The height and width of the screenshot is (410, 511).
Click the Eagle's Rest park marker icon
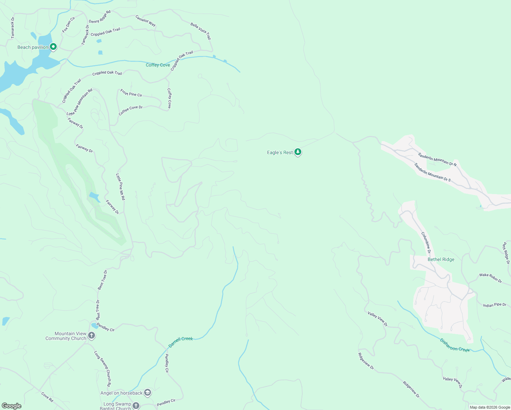coord(298,152)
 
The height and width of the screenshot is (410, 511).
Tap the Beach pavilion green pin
coord(53,46)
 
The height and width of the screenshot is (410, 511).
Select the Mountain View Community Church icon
coord(92,335)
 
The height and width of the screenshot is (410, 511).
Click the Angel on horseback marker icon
coord(148,393)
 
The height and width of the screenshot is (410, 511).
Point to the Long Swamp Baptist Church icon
coord(136,406)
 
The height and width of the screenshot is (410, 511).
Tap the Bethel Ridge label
coord(441,259)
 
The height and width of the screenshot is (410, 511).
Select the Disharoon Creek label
coord(454,345)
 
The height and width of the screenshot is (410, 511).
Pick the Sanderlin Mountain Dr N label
coord(437,159)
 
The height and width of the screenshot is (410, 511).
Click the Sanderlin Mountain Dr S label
coord(432,172)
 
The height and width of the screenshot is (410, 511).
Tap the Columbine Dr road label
coord(426,243)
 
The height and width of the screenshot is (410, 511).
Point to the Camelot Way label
coord(146,20)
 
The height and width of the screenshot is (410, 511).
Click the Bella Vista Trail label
coord(201,31)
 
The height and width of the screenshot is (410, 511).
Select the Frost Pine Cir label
coord(131,93)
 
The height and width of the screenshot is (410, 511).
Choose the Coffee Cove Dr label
coord(130,110)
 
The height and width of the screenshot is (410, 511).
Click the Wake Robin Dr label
coord(491,278)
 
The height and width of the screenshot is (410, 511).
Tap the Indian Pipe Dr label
coord(495,305)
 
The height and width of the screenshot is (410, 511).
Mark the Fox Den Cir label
coord(69,25)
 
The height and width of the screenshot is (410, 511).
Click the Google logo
coord(12,406)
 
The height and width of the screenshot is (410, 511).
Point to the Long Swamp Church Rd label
coord(102,369)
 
